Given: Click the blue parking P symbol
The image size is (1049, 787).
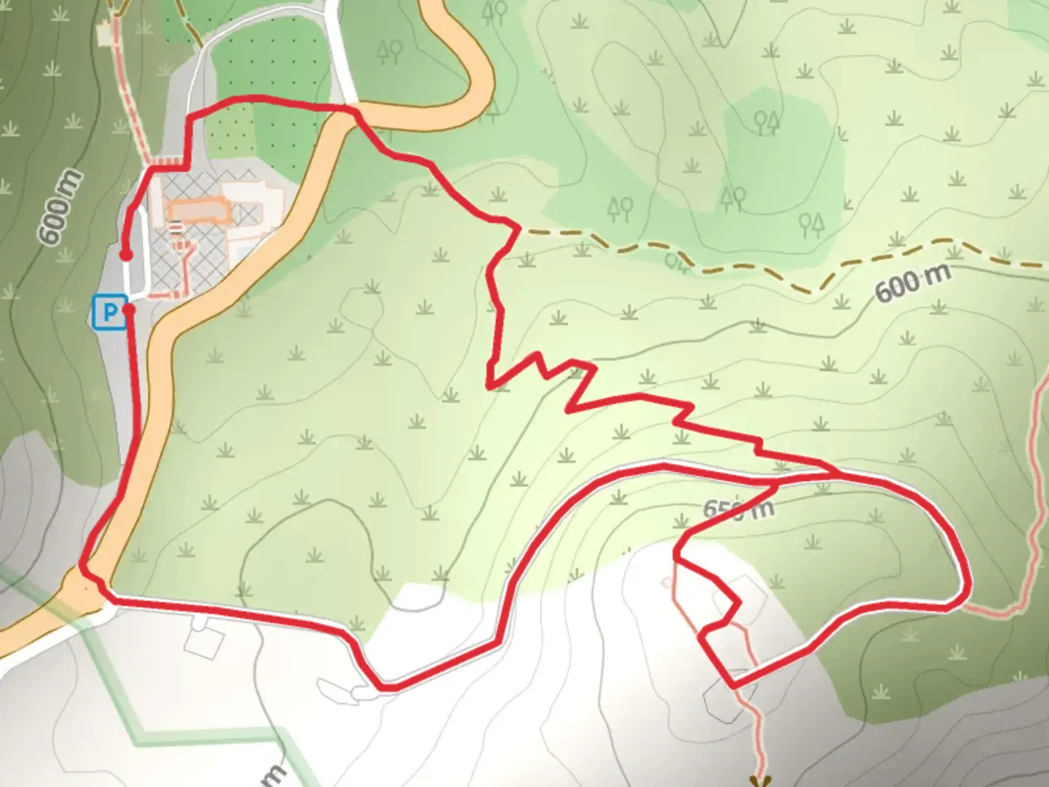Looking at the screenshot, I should tap(109, 313).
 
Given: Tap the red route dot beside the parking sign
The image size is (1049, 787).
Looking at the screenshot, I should tap(130, 309).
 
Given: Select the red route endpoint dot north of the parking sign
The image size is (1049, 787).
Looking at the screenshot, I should tap(125, 255).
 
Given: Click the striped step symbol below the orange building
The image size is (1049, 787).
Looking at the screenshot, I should tap(176, 229).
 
